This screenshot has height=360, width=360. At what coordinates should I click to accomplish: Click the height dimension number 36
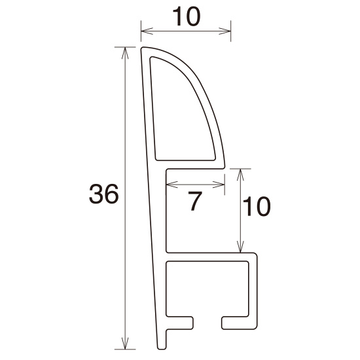coord(103,194)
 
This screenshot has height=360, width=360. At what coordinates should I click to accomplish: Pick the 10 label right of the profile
coord(256,207)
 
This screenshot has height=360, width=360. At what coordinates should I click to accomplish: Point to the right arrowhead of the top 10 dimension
coord(228,30)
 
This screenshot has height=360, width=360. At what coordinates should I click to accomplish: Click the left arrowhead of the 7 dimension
coord(170,183)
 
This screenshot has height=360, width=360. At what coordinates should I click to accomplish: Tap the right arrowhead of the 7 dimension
coord(222,183)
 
